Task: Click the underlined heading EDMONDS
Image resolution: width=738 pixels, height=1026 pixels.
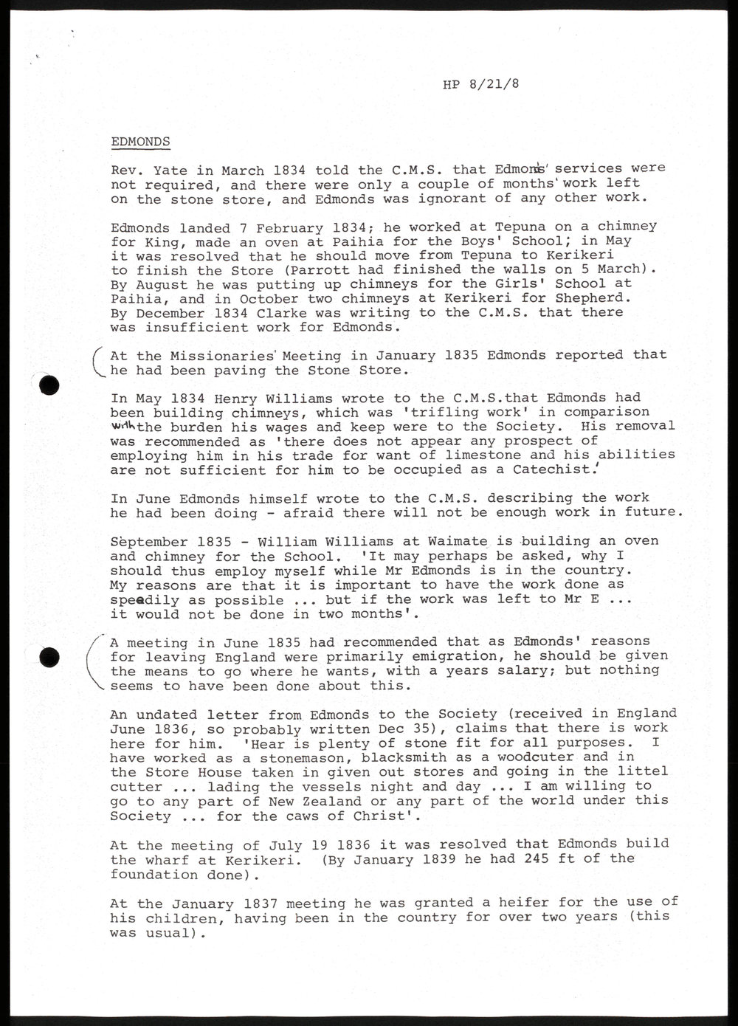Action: pos(140,142)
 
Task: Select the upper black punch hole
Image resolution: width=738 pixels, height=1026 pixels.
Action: pos(49,384)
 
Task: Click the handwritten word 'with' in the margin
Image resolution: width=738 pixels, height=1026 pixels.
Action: pos(123,426)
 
